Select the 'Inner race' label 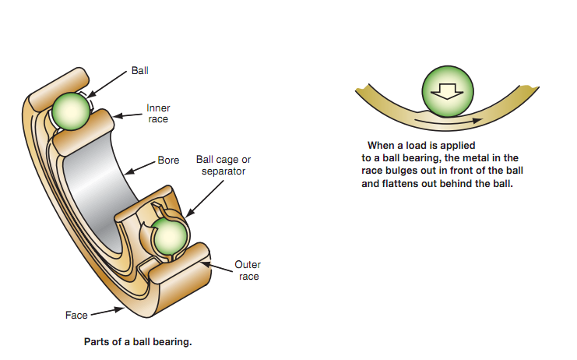[158, 114]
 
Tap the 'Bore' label [169, 161]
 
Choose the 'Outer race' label [247, 270]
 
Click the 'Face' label [76, 316]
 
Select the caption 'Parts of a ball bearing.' [137, 341]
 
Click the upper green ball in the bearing [69, 109]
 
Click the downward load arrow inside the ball [447, 91]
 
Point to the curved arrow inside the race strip [452, 121]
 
